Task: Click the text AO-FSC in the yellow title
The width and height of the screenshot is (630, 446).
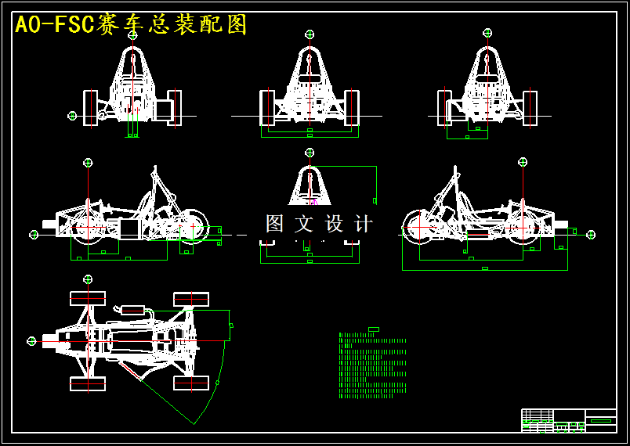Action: (54, 25)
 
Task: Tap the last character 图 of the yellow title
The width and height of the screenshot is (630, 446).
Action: (237, 25)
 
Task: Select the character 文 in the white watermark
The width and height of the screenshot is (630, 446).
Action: (303, 224)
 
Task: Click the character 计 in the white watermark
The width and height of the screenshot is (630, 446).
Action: (364, 224)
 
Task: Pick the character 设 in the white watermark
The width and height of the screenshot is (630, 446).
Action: (334, 224)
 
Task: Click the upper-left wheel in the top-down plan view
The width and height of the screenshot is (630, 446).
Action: (88, 298)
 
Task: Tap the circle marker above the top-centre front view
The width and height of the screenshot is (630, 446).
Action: (310, 34)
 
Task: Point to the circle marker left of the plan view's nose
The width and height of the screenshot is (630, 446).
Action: (31, 341)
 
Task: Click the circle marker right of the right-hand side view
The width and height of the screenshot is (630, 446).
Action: (591, 234)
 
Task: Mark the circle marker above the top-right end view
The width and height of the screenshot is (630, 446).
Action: (487, 33)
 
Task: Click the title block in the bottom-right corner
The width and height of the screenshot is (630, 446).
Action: (569, 420)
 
